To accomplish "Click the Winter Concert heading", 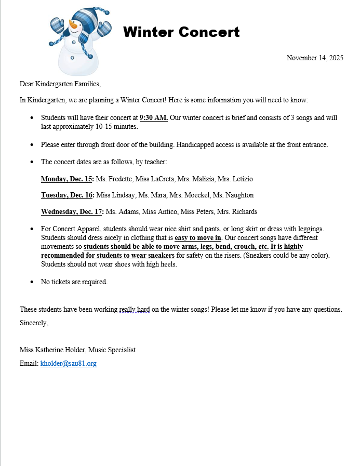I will pos(181,32).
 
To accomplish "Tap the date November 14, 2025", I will pos(315,58).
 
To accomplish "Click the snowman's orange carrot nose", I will pos(74,25).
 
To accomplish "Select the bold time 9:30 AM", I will pos(154,117).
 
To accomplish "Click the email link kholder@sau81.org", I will pos(69,364).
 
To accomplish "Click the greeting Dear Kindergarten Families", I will pos(60,84).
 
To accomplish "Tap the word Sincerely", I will pos(34,323).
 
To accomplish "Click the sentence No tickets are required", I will pos(74,282).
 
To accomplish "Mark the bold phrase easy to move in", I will pos(198,238).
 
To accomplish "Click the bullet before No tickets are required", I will pos(32,282).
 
